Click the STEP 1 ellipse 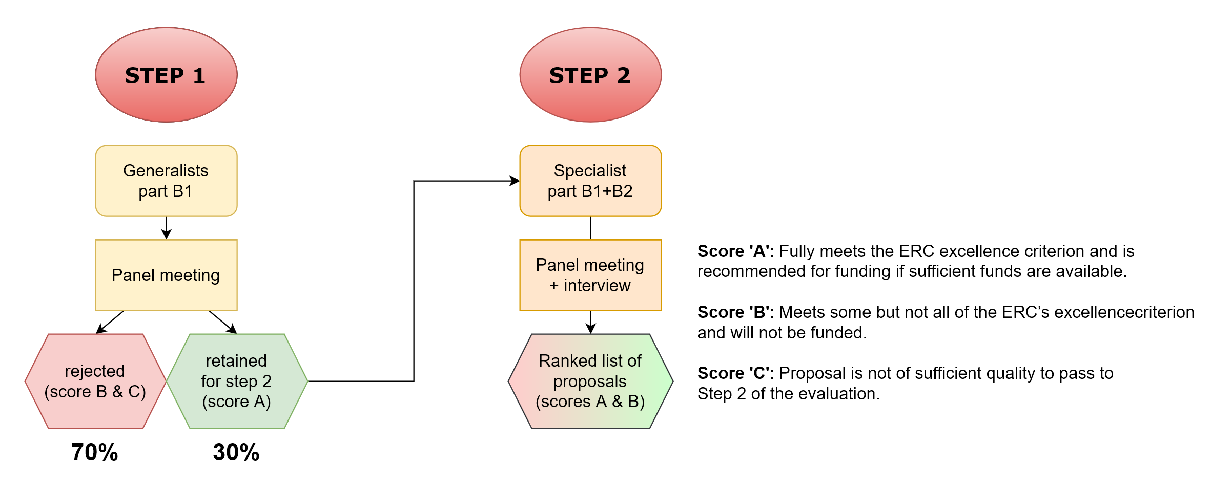point(166,75)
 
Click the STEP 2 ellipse point(590,75)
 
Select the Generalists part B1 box point(166,181)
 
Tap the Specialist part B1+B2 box point(590,181)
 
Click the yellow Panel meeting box point(166,275)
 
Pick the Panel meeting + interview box point(590,275)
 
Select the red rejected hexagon point(95,381)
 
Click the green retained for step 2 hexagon point(237,381)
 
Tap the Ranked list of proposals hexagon point(590,381)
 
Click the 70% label point(95,452)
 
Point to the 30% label point(236,452)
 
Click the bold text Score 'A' point(733,251)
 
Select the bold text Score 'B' point(733,312)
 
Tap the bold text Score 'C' point(733,373)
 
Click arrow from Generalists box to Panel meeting point(166,229)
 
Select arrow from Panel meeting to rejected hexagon point(110,322)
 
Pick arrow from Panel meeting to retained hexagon point(223,322)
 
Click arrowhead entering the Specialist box point(515,181)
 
